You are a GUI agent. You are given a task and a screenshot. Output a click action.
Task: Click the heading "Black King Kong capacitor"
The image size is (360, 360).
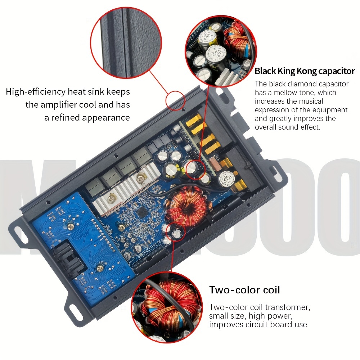click(x=305, y=71)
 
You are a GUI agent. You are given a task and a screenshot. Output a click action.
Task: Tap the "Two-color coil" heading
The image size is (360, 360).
click(x=244, y=289)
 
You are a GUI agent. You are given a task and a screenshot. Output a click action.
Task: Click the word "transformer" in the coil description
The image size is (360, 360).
click(x=288, y=307)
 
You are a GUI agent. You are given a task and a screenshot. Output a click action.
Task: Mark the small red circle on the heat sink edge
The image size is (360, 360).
click(x=176, y=100)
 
